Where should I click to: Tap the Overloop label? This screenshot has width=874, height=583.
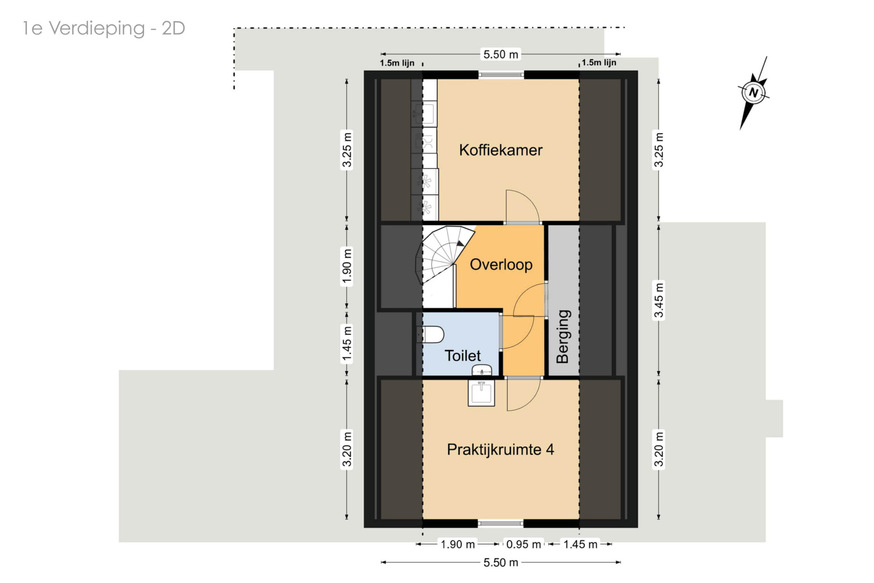coord(501,265)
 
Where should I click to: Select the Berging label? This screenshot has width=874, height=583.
coord(562,336)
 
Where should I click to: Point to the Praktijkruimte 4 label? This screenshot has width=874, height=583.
coord(500,450)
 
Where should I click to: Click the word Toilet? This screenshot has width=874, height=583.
coord(463,356)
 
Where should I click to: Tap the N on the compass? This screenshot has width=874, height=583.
coord(753,92)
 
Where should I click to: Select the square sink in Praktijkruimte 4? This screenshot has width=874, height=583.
coord(481,393)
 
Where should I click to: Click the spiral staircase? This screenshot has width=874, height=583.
coord(442,257)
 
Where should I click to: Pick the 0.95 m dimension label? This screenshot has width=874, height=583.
coord(523,544)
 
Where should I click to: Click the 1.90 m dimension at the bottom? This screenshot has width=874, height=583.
coord(457,544)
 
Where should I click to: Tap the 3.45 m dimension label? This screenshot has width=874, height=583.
coord(658,300)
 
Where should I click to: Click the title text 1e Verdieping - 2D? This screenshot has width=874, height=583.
coord(104,28)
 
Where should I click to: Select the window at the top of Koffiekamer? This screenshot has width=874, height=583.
coord(501,75)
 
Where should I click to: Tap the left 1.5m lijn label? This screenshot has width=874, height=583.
coord(397,63)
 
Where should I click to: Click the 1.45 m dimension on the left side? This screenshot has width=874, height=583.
coord(347,343)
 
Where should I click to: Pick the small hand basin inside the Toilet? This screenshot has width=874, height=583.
coord(482,370)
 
